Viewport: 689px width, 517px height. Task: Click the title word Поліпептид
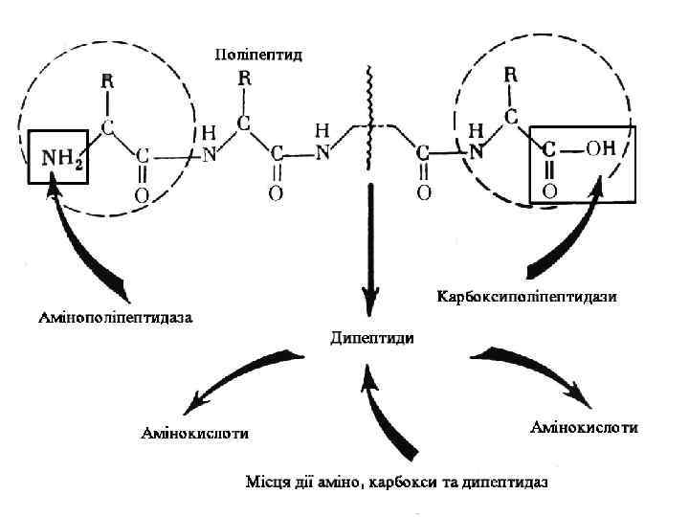pos(258,55)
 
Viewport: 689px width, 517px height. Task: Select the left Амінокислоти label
pos(195,433)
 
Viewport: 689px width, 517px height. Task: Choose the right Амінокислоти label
pos(584,426)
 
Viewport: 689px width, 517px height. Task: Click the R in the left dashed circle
pos(108,81)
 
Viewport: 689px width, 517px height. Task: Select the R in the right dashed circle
pos(512,74)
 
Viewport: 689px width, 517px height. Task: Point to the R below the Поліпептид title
pos(244,78)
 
